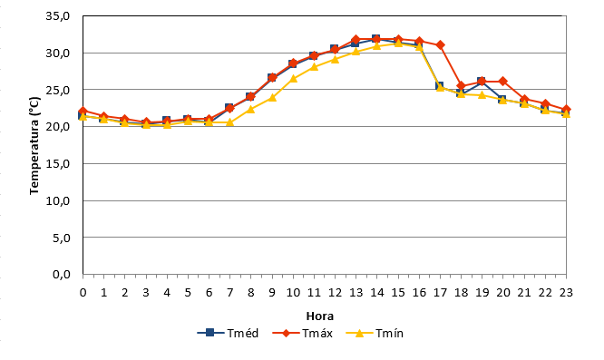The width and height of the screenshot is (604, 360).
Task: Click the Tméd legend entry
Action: (228, 333)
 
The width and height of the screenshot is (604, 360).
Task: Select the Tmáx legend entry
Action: (302, 333)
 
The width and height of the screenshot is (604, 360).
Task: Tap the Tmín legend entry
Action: (375, 333)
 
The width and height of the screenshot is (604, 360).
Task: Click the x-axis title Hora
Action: (320, 316)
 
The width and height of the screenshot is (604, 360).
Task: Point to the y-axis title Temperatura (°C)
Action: (34, 145)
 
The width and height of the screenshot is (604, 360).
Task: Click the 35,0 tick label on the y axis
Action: (58, 15)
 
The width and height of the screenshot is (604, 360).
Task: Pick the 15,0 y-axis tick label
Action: (58, 163)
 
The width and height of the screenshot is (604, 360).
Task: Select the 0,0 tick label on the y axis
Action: (61, 275)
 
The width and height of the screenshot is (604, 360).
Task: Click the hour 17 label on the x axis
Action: (440, 293)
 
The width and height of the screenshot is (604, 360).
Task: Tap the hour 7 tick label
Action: (230, 293)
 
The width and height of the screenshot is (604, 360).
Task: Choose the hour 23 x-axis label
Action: (566, 293)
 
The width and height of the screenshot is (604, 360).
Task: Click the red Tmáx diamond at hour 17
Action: (440, 45)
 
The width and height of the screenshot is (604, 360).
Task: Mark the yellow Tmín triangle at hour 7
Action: (230, 122)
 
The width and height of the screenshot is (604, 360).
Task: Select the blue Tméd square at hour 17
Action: (440, 85)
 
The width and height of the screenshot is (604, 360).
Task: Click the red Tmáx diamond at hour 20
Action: (502, 82)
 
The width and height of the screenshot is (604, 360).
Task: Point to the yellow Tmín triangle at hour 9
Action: (272, 97)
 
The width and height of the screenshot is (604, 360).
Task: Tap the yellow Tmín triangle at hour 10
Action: (293, 78)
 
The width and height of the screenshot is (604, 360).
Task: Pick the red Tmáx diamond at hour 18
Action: (461, 86)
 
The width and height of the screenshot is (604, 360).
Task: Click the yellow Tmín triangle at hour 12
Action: (335, 59)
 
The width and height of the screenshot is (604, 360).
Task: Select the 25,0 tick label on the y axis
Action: (58, 90)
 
